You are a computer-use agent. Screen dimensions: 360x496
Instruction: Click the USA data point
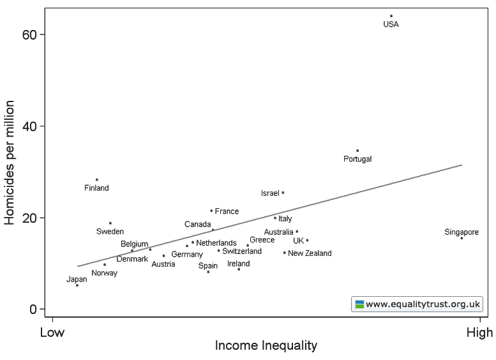[391, 16]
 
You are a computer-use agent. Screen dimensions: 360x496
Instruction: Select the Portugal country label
[357, 159]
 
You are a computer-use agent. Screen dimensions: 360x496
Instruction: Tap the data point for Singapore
[462, 238]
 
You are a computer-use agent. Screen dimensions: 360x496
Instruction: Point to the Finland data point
[97, 180]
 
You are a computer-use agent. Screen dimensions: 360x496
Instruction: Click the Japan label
[77, 279]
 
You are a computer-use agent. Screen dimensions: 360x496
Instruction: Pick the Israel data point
[283, 192]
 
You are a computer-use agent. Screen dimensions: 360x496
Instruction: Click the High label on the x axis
[479, 333]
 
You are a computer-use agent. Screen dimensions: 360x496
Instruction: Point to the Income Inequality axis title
[266, 346]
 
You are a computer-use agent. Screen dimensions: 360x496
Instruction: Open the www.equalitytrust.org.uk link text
[422, 304]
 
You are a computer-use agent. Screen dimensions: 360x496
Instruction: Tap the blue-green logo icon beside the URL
[359, 304]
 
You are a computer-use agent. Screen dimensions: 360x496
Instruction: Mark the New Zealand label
[310, 253]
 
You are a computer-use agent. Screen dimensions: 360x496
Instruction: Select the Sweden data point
[110, 223]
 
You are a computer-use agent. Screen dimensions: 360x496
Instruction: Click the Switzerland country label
[242, 251]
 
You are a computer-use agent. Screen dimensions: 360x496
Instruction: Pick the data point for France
[211, 211]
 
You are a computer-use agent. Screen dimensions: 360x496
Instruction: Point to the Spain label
[207, 266]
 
